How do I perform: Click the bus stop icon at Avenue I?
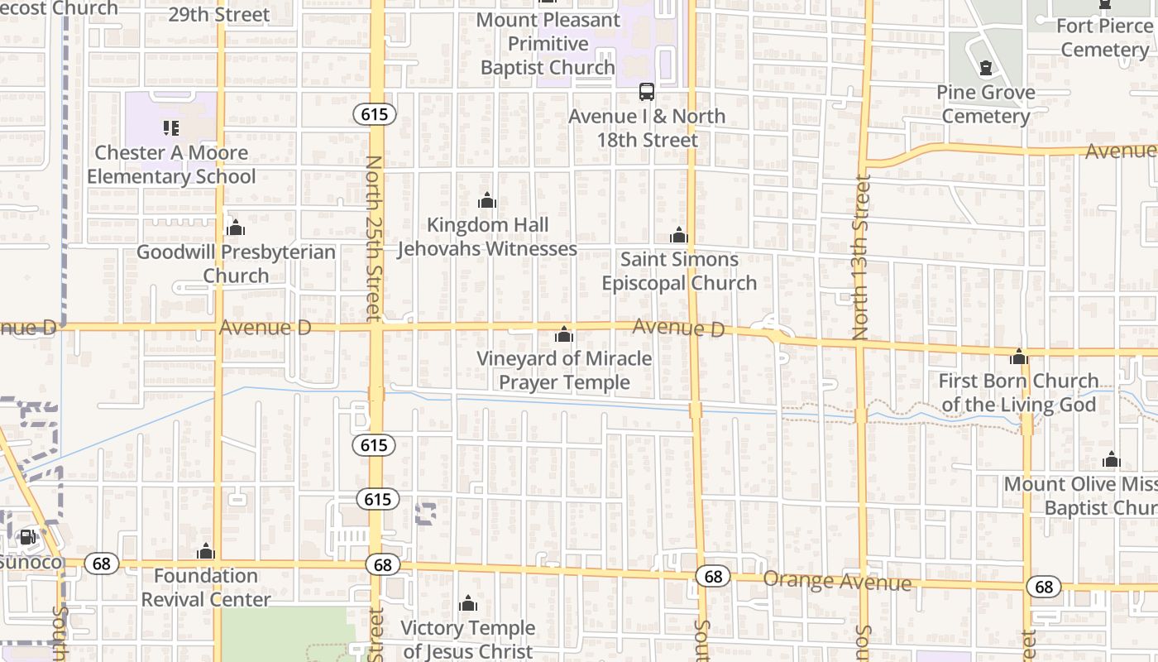(x=646, y=92)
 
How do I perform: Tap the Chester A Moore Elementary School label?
(x=171, y=165)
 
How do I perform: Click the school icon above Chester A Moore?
(x=171, y=128)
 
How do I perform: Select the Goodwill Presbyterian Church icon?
(x=236, y=228)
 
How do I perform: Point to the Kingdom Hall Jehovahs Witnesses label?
(x=487, y=237)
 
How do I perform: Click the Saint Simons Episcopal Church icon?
(x=679, y=236)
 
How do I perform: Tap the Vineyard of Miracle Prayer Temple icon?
(x=564, y=334)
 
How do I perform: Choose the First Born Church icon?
(x=1019, y=357)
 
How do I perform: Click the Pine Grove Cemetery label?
(x=986, y=104)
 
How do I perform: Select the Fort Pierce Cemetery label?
(x=1104, y=37)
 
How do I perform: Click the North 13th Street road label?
(x=861, y=257)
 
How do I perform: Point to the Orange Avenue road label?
(x=836, y=581)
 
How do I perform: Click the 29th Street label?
(x=218, y=15)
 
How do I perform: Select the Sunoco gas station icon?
(x=27, y=538)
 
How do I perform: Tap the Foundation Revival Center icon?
(x=206, y=552)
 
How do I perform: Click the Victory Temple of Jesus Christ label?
(x=468, y=640)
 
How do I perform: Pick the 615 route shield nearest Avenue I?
(x=374, y=114)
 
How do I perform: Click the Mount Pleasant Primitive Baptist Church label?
(x=548, y=43)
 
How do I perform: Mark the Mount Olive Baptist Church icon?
(x=1112, y=460)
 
